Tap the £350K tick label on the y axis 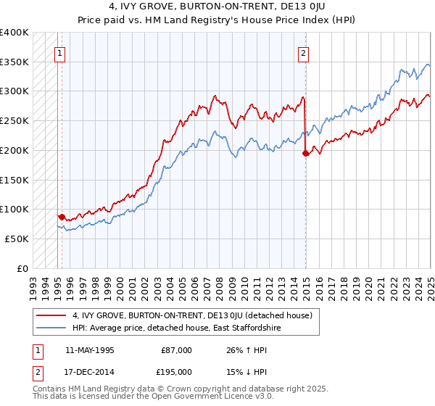tap(14, 62)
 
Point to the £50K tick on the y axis tap(17, 239)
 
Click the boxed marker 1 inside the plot tap(58, 52)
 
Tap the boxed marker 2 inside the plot tap(302, 52)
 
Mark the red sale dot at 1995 tap(62, 217)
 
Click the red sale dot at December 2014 tap(305, 153)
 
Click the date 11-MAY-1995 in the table tap(89, 350)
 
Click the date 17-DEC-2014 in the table tap(89, 370)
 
